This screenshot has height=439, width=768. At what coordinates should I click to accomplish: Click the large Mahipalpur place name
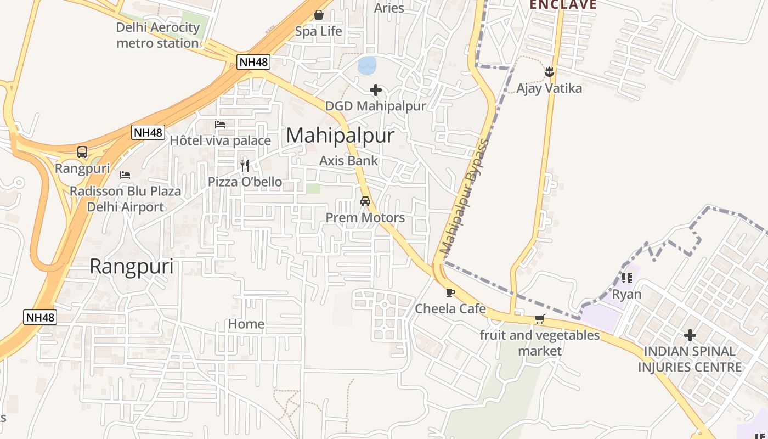(340, 135)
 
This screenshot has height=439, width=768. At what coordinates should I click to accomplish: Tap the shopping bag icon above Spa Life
(318, 15)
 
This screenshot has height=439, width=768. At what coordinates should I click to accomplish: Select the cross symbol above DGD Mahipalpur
(376, 89)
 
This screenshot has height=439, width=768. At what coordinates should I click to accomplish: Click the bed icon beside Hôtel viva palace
(220, 125)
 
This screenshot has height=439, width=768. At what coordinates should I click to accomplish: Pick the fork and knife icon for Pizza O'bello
(245, 165)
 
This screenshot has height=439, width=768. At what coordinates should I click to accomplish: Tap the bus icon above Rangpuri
(82, 152)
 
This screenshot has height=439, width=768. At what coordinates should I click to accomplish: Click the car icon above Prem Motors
(365, 201)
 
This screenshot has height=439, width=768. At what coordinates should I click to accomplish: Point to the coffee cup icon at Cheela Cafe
(450, 292)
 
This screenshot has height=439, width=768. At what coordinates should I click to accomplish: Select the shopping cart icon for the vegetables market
(540, 319)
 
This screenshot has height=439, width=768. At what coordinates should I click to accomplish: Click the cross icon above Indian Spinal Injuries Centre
(690, 335)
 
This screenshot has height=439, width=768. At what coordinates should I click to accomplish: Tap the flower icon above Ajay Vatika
(549, 72)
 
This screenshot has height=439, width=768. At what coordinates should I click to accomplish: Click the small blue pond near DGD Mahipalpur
(367, 65)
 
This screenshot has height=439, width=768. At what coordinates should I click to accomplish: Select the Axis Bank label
(349, 161)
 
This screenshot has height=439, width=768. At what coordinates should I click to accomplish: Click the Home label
(246, 324)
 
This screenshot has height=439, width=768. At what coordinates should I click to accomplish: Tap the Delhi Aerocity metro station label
(157, 35)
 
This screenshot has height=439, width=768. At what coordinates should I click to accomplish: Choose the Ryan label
(626, 295)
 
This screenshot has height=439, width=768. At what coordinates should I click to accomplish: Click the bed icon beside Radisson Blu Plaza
(125, 175)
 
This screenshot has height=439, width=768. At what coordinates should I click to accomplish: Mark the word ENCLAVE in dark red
(563, 5)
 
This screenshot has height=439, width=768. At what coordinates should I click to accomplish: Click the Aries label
(389, 8)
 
